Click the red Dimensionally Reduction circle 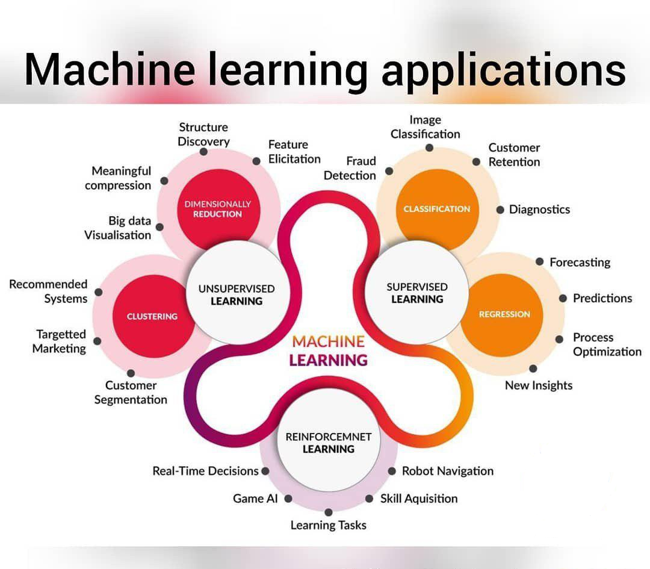coord(217,208)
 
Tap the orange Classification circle coord(437,208)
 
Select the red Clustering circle coord(152,316)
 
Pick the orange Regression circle coord(504,314)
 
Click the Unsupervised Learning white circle coord(236,294)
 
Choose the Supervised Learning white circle coord(416,293)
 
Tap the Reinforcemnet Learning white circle coord(328,443)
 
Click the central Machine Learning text coord(328,350)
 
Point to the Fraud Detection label coord(350,168)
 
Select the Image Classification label coord(425,127)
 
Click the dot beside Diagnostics coord(500,210)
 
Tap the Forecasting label coord(580,263)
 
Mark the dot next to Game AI coord(288,499)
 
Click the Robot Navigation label coord(447,471)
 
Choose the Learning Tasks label coord(328,525)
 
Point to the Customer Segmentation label coord(131,392)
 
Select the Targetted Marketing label coord(59,341)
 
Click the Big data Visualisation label coord(118,228)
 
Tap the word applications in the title coord(503,70)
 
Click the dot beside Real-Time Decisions coord(265,471)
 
